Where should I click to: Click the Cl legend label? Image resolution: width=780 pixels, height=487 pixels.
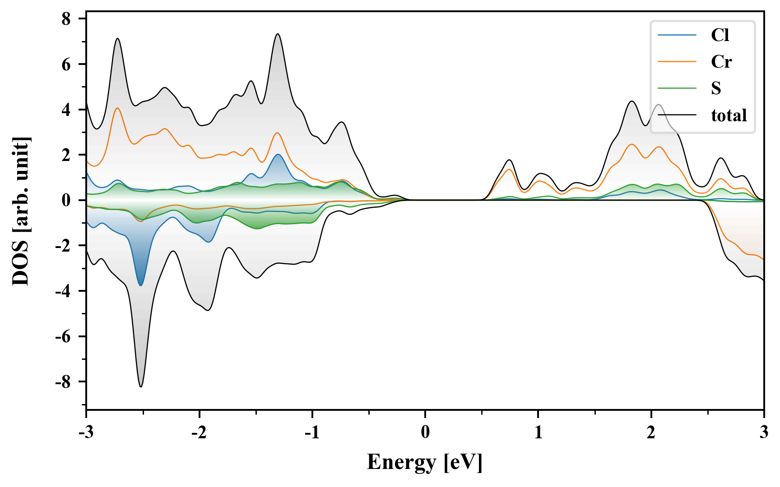coord(720,35)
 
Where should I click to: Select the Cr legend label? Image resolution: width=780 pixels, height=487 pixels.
coord(721,62)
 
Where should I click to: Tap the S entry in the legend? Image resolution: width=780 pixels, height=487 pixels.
coord(716,88)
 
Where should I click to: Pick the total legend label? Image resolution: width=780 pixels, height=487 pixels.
coord(729,115)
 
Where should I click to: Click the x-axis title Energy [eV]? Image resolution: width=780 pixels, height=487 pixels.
coord(425,462)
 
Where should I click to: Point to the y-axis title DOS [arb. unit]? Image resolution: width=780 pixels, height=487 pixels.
coord(21,211)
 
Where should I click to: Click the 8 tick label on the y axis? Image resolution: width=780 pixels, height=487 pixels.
coord(66,19)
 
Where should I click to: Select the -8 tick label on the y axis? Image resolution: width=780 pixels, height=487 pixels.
coord(63,382)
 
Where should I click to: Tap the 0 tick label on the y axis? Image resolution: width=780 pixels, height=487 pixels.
coord(66,200)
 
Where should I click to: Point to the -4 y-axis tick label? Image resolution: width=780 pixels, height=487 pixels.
coord(63,291)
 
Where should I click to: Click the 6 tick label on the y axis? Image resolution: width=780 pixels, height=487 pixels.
coord(66,64)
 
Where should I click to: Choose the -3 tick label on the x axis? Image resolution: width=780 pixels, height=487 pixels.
coord(86,432)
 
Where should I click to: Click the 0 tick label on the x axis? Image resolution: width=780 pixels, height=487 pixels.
coord(425,432)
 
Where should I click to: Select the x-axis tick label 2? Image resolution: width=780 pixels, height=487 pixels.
coord(651,432)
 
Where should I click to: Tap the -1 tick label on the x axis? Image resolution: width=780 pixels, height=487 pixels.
coord(312,432)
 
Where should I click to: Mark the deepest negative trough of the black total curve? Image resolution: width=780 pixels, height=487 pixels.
coord(141,387)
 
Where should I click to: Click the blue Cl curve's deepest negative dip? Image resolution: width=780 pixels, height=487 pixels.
coord(141,285)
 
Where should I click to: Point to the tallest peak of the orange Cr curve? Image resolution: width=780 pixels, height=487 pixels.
coord(117,108)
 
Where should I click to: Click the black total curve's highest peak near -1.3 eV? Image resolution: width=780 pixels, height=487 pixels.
coord(278,34)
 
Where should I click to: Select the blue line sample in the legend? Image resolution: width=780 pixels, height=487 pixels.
coord(677,35)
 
